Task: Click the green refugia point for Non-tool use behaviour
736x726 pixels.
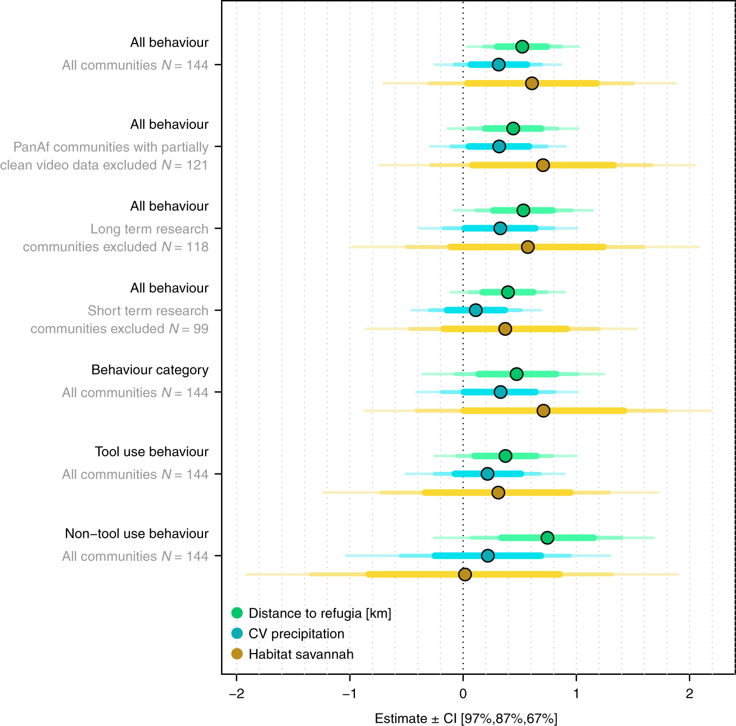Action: [547, 538]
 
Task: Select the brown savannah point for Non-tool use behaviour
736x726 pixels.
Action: [464, 574]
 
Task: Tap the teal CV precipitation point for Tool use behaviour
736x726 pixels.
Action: [487, 474]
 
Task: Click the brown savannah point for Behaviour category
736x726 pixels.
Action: [543, 410]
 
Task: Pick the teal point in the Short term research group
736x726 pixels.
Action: [475, 310]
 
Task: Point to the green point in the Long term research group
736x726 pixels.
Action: [523, 210]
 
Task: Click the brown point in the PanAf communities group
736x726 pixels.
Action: [542, 165]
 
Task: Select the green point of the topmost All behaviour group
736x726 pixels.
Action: [522, 46]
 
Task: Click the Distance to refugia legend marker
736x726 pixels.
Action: [237, 613]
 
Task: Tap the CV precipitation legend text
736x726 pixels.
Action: [296, 633]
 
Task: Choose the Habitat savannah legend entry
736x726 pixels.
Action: [300, 654]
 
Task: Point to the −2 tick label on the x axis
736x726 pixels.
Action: [236, 693]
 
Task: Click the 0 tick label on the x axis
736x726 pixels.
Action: [463, 693]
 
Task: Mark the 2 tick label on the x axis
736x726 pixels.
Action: [689, 693]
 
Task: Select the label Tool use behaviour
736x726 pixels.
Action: [151, 452]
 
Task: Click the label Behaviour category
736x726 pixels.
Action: [150, 370]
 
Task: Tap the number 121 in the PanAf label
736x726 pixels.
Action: [197, 165]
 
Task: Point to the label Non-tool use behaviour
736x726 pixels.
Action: [136, 533]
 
